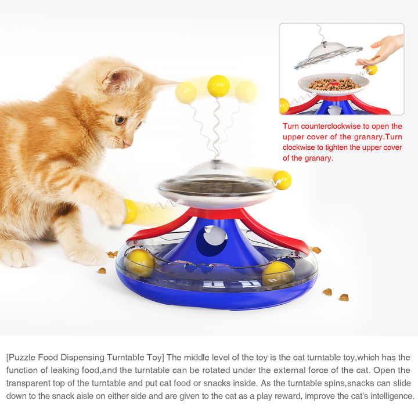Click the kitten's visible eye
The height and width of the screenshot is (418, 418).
120,120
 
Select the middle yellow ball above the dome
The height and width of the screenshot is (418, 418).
218,87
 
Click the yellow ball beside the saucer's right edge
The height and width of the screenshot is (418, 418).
282,180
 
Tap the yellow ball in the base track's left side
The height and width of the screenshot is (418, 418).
140,262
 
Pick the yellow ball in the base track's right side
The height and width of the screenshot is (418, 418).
277,273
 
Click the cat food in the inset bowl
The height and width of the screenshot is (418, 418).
333,84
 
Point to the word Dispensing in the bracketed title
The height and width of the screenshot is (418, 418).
89,357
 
